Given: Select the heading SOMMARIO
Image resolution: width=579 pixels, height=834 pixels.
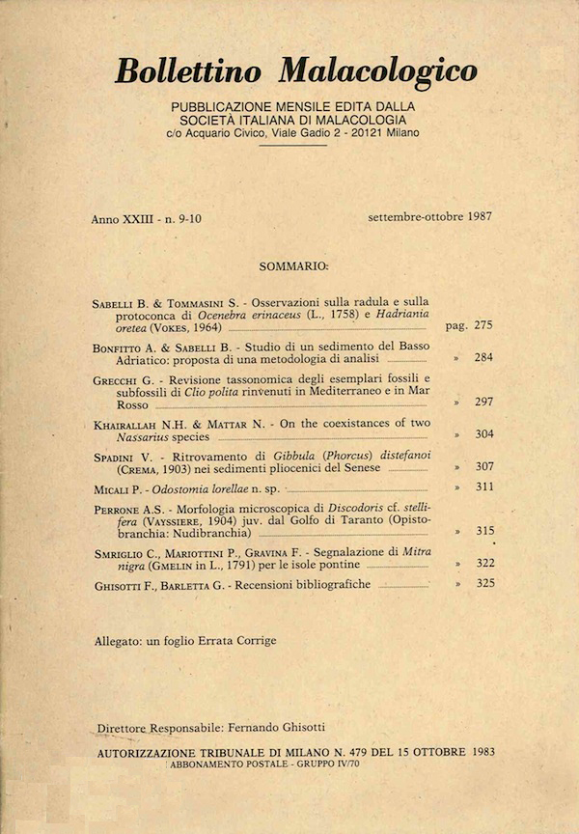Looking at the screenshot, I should point(293,264).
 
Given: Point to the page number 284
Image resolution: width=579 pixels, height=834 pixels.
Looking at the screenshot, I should point(483,357).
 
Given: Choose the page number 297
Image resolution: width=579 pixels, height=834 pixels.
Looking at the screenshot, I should point(483,402).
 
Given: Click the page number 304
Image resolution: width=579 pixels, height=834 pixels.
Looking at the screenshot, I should point(483,433).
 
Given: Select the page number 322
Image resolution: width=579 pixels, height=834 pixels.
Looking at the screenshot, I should point(483,563).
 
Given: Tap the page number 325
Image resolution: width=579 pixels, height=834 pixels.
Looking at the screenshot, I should point(483,584).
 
